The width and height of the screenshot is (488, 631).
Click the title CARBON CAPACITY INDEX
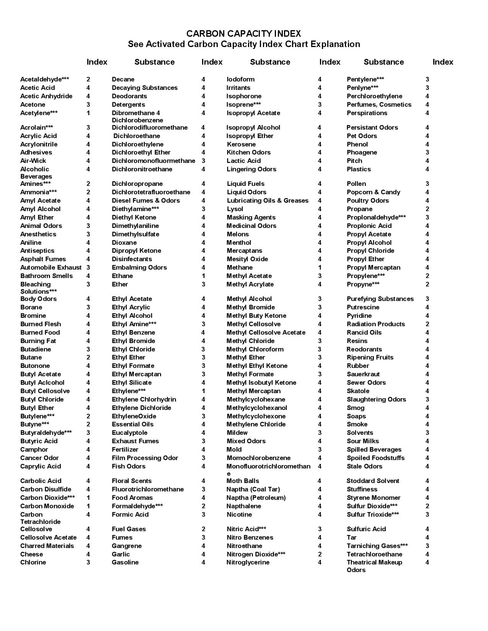tap(243, 34)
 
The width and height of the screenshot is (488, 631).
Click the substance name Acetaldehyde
tap(44, 80)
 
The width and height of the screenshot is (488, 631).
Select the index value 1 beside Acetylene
tap(88, 113)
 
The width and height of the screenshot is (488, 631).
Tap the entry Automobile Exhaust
tap(51, 268)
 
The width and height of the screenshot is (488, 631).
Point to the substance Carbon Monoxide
tap(47, 506)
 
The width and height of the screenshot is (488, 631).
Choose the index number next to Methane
tap(320, 268)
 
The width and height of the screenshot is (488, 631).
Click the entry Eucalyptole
tap(129, 433)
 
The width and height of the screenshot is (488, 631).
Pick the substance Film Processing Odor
tap(145, 458)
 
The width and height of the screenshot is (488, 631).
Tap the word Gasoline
tap(125, 563)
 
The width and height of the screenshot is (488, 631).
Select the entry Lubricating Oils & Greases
tap(267, 201)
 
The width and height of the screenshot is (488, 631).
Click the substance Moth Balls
tap(243, 481)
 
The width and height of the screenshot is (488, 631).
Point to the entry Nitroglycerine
tap(248, 563)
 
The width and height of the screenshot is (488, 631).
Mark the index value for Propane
tap(427, 209)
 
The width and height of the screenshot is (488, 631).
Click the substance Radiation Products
tap(375, 324)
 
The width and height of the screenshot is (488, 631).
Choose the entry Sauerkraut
tap(363, 374)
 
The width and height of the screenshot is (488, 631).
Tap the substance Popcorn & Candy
tap(373, 192)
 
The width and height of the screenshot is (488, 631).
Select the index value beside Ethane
tap(203, 276)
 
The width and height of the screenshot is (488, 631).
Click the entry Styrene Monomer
tap(373, 498)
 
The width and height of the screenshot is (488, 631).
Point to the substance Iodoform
tap(240, 80)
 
